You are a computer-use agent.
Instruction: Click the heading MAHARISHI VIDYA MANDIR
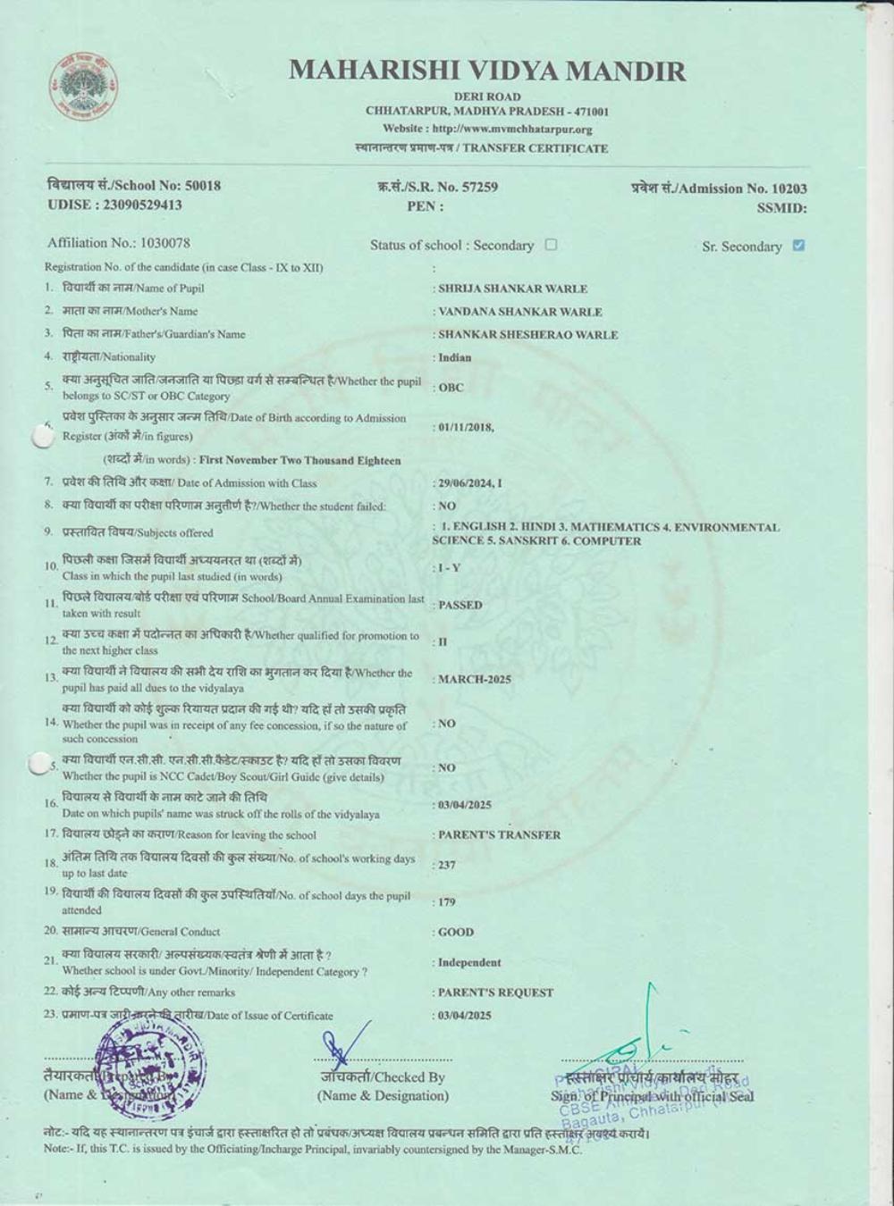pyautogui.click(x=487, y=71)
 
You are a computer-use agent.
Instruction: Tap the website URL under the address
pyautogui.click(x=487, y=130)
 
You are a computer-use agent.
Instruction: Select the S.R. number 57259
pyautogui.click(x=478, y=187)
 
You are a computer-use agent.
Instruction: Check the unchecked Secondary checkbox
pyautogui.click(x=551, y=245)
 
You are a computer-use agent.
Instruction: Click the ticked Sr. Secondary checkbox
pyautogui.click(x=798, y=246)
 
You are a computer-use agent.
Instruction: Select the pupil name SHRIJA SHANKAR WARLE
pyautogui.click(x=512, y=289)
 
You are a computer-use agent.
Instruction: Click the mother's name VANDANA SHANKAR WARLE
pyautogui.click(x=519, y=312)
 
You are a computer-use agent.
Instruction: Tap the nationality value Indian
pyautogui.click(x=454, y=357)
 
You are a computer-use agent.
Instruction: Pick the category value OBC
pyautogui.click(x=451, y=389)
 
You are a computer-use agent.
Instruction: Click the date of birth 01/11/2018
pyautogui.click(x=465, y=427)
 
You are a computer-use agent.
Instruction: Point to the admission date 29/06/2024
pyautogui.click(x=466, y=483)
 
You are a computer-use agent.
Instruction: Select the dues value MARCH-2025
pyautogui.click(x=474, y=679)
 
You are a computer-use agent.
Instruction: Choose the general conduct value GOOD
pyautogui.click(x=456, y=932)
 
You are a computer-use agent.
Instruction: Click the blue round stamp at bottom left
pyautogui.click(x=150, y=1068)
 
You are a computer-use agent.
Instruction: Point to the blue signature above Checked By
pyautogui.click(x=344, y=1045)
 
